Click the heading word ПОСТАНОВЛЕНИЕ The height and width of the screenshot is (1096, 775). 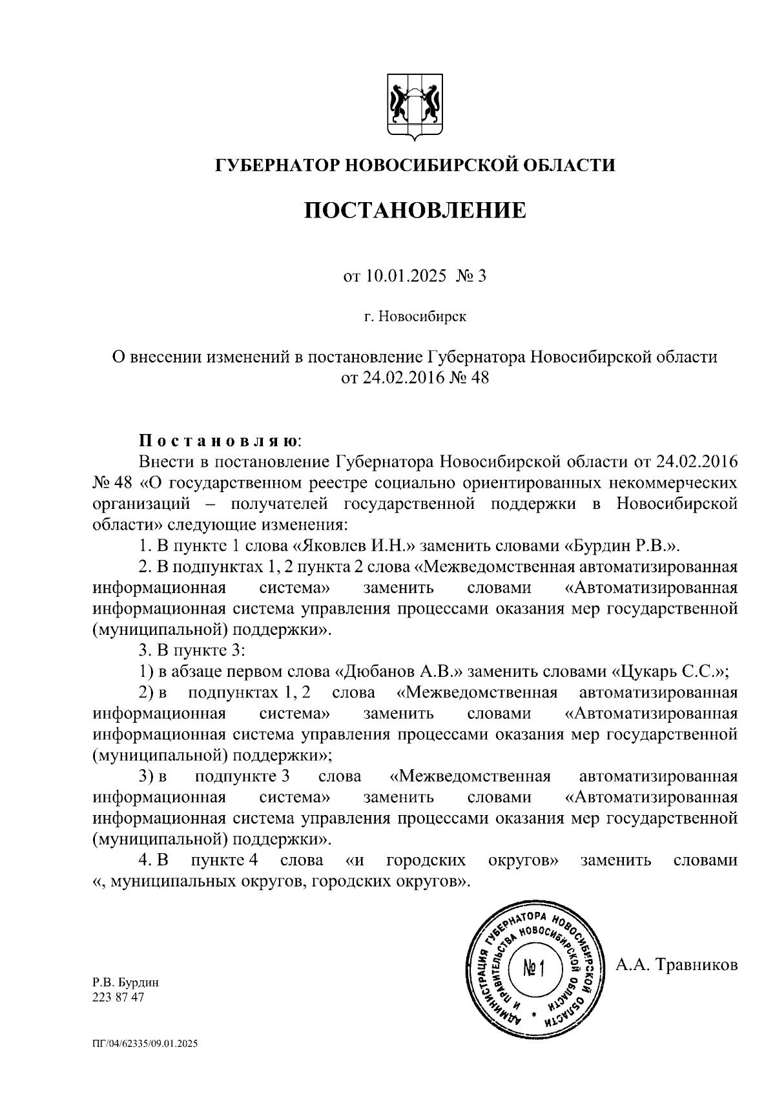pos(415,211)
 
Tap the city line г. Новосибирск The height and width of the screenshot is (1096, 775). pos(415,317)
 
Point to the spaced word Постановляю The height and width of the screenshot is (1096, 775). pos(220,441)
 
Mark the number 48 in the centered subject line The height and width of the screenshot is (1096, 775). pos(479,377)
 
